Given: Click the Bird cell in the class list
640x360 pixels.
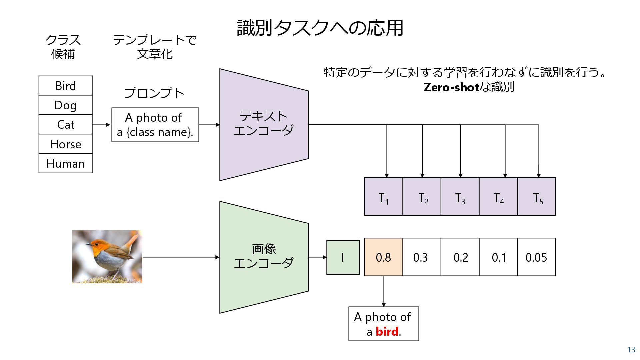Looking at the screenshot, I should pos(65,86).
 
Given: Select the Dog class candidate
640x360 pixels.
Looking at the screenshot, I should pos(65,105).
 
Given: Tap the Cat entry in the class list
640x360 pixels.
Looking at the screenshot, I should pos(65,125).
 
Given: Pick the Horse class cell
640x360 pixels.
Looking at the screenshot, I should pos(65,144).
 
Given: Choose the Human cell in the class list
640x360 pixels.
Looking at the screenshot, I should pos(65,163).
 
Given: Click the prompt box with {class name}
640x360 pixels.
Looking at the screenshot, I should pos(155,125).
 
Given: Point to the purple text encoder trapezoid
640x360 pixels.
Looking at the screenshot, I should pos(264,125).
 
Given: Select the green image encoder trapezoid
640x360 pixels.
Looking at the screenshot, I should pos(264,257).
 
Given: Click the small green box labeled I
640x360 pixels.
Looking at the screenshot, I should pos(343,257).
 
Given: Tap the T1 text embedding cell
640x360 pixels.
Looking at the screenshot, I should pos(383,197).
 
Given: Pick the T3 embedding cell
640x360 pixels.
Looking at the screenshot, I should pos(460,197).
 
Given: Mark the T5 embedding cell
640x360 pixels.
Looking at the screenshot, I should pos(536,197).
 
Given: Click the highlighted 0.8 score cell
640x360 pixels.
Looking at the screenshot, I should pos(383,257).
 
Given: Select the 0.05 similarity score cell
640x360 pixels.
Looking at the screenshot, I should pos(536,257).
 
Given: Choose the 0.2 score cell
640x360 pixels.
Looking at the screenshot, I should pos(460,257).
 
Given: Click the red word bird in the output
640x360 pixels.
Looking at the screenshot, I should pos(387,332).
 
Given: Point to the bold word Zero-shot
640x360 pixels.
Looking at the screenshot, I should pos(451,87).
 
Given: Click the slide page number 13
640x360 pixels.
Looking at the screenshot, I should pos(631,349).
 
